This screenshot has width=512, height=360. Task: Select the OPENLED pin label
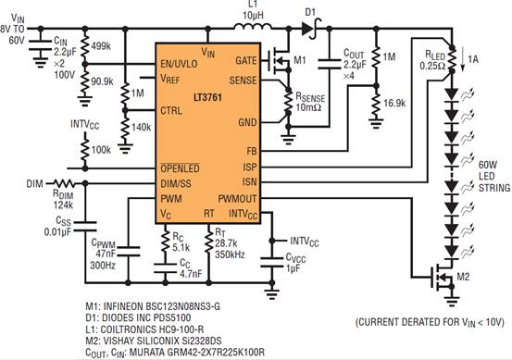tap(180, 168)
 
